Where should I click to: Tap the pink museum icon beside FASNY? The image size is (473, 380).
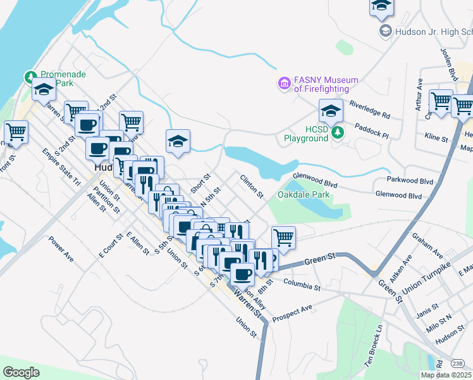pyautogui.click(x=284, y=83)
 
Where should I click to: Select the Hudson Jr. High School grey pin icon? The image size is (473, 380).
pyautogui.click(x=384, y=30)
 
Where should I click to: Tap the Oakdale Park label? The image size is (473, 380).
pyautogui.click(x=304, y=195)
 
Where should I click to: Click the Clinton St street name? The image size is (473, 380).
pyautogui.click(x=252, y=186)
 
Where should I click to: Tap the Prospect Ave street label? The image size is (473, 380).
pyautogui.click(x=292, y=312)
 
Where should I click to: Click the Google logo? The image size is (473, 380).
pyautogui.click(x=21, y=372)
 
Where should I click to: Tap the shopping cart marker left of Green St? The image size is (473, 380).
pyautogui.click(x=284, y=237)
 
